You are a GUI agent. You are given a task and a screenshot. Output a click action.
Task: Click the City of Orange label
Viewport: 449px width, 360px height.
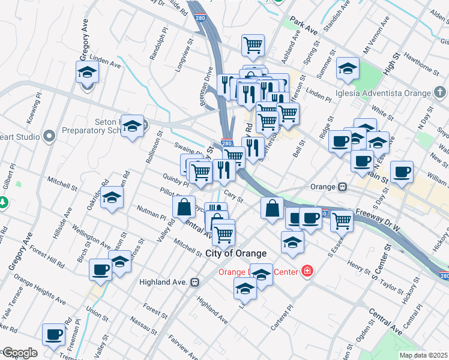[236, 254]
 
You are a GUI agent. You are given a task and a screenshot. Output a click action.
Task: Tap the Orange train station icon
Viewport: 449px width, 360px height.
[342, 187]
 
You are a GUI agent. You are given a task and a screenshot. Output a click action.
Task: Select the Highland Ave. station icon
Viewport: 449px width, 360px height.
[194, 282]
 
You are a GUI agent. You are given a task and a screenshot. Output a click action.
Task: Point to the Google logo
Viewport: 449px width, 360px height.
[19, 353]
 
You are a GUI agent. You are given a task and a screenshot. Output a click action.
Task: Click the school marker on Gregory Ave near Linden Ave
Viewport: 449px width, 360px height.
[88, 73]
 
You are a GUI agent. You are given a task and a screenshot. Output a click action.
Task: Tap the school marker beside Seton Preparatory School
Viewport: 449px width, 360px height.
[133, 126]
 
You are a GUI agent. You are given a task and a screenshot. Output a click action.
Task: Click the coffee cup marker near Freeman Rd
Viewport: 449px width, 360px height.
[53, 334]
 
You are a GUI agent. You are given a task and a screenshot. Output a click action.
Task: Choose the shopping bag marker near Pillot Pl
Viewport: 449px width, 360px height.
[184, 207]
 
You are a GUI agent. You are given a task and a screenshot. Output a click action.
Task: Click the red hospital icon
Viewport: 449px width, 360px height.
[307, 271]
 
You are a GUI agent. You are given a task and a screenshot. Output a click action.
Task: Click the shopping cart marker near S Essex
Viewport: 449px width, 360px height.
[342, 220]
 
